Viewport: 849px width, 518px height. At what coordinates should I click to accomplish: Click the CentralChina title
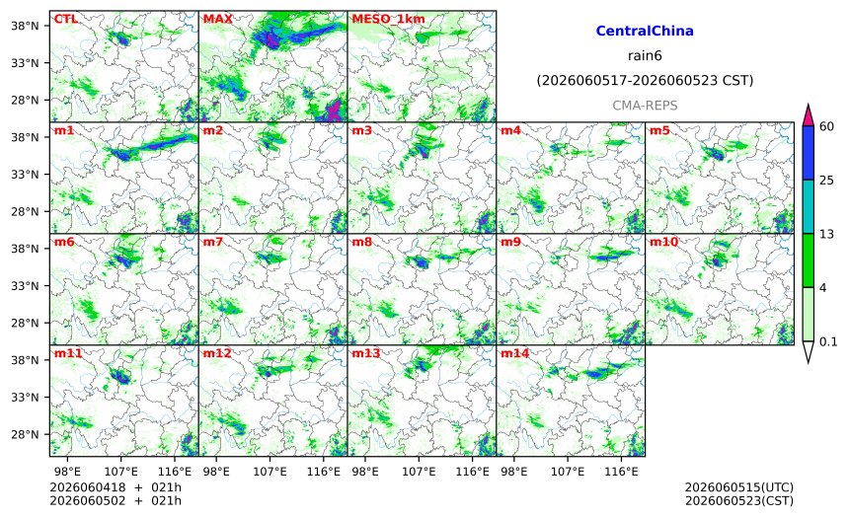point(645,31)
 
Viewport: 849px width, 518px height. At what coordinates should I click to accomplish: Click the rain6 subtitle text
point(645,56)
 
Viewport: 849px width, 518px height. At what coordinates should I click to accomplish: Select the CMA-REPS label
point(645,106)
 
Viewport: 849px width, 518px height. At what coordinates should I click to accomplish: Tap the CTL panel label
point(65,19)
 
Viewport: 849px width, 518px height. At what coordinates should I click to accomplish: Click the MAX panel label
point(217,19)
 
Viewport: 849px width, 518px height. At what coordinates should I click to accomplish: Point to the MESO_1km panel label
point(388,20)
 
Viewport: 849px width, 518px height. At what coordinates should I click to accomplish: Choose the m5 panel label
point(659,130)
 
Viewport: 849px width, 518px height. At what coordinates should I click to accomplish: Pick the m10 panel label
point(663,242)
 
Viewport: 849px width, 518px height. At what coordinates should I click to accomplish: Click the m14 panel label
point(514,353)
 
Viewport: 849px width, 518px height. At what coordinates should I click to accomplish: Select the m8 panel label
point(361,242)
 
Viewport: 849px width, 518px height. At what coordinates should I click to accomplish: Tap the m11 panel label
point(68,353)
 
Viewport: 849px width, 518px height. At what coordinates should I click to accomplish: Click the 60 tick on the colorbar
point(826,126)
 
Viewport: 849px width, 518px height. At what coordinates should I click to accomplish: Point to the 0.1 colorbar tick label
point(828,341)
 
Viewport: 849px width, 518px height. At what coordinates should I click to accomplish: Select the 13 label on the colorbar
point(826,234)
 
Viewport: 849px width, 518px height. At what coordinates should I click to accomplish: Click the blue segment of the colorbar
point(808,153)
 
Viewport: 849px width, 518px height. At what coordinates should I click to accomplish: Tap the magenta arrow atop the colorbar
point(808,115)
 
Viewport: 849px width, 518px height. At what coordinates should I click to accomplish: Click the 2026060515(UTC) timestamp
point(739,487)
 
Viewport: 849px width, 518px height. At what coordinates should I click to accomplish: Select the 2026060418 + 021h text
point(116,487)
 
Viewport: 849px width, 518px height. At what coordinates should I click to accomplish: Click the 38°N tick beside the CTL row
point(25,26)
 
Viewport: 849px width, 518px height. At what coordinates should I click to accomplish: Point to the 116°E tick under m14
point(621,472)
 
